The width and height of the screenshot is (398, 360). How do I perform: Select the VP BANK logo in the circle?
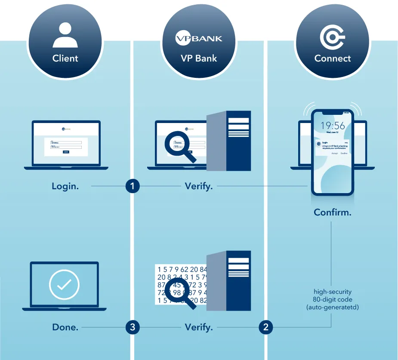[199, 38]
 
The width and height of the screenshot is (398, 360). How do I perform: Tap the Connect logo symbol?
[332, 37]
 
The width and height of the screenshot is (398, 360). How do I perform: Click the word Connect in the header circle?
[332, 58]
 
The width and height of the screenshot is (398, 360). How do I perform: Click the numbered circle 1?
[133, 186]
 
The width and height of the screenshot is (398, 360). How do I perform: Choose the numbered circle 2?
[265, 327]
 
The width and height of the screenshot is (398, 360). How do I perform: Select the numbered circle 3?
[133, 327]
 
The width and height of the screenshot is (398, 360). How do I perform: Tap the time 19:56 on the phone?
[333, 125]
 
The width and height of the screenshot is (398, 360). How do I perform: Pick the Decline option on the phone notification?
[344, 153]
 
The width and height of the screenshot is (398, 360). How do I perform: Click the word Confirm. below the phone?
[332, 212]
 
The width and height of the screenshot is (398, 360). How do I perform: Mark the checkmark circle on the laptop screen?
[64, 285]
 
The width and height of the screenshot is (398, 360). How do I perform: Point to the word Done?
[65, 327]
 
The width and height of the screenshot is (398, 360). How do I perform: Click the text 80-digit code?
[333, 299]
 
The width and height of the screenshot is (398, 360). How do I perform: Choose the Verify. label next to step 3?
[199, 327]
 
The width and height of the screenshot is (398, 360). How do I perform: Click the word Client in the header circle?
[65, 58]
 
